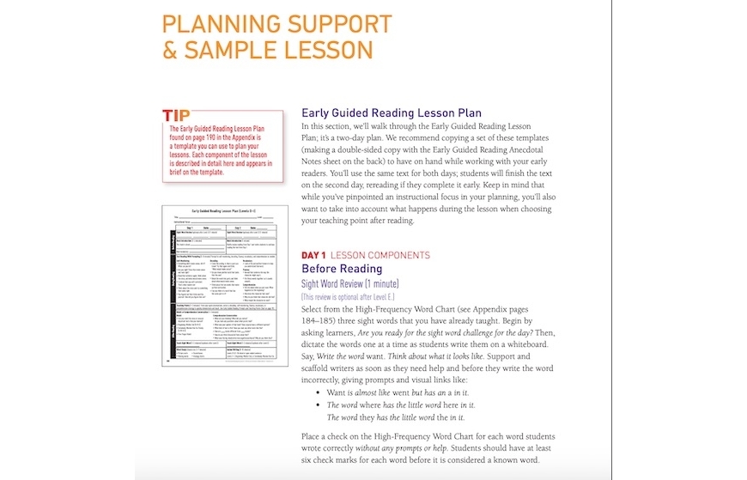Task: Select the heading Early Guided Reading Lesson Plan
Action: click(391, 112)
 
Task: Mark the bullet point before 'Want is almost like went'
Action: click(319, 392)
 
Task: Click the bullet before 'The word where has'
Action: click(319, 404)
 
